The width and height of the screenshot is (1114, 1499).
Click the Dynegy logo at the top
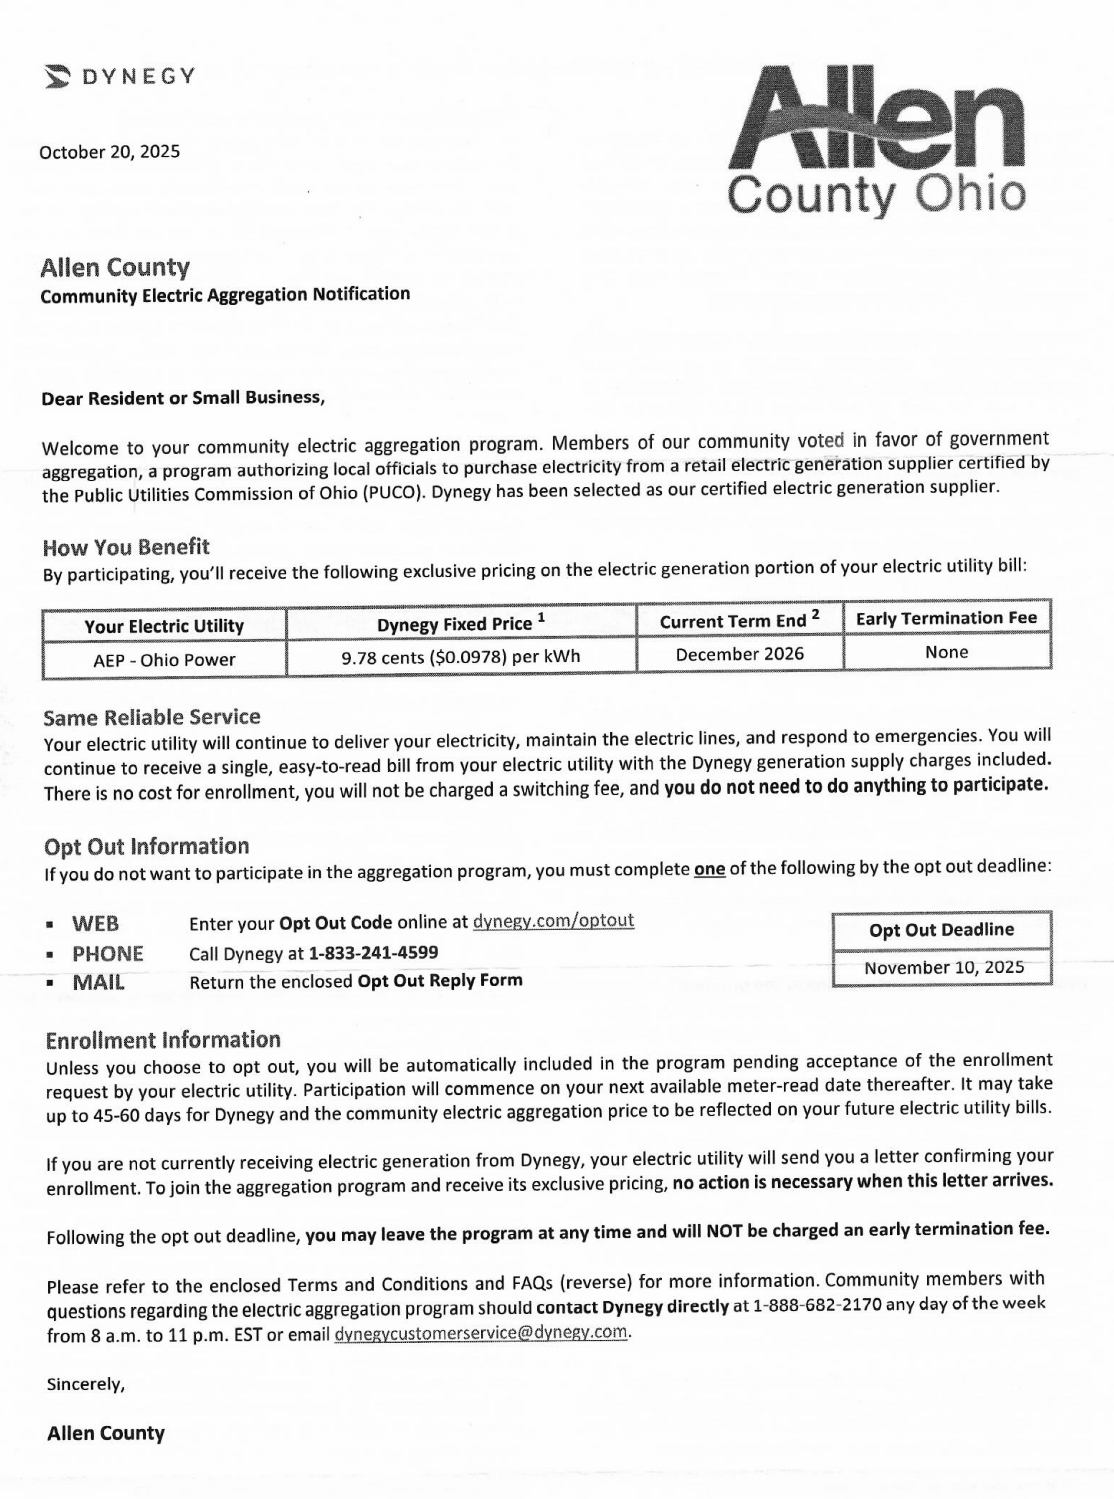click(120, 76)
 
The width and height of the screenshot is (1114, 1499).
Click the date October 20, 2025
click(110, 152)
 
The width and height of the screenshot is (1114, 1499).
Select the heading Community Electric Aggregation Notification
click(225, 295)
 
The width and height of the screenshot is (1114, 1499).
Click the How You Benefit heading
click(126, 547)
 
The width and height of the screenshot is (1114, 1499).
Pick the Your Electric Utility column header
click(164, 626)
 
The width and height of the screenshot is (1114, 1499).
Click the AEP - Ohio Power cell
click(164, 659)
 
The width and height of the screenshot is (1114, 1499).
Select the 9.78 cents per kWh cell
click(461, 657)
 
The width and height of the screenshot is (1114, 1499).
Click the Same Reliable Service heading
click(151, 717)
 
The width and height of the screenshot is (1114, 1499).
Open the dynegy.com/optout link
click(553, 920)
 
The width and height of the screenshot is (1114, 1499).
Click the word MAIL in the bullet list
click(98, 982)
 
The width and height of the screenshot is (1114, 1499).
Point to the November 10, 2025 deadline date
click(944, 968)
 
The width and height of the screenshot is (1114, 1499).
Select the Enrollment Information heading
click(163, 1040)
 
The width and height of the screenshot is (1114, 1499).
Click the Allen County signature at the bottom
click(106, 1433)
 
